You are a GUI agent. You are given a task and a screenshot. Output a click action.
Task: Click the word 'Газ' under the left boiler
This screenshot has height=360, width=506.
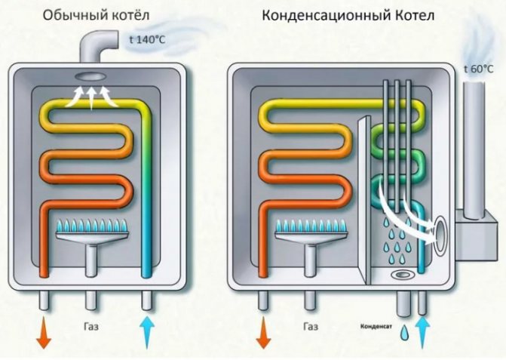coord(94,327)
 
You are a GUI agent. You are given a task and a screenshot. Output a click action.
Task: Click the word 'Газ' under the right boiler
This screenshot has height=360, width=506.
coord(311,327)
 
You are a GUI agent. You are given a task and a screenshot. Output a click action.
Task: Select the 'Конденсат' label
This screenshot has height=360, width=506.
coord(375,328)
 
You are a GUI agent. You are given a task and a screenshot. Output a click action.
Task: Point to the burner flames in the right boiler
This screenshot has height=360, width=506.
coord(311,225)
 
